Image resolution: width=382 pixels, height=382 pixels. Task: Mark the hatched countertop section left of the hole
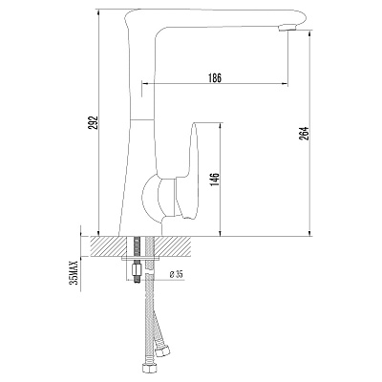(x=107, y=245)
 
